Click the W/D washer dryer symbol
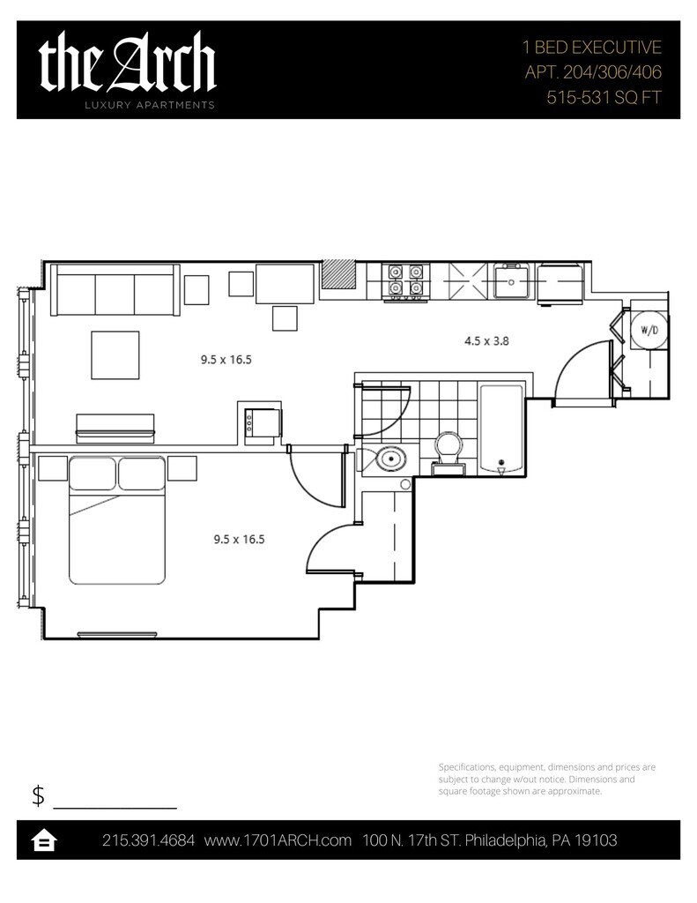[x=649, y=330]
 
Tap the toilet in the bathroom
[x=449, y=453]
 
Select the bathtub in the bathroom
[x=501, y=430]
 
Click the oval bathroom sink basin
[x=391, y=459]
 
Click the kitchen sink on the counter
[x=510, y=281]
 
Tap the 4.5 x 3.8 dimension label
[x=487, y=341]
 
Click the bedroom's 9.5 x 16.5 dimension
[x=239, y=540]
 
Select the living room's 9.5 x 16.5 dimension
[x=226, y=360]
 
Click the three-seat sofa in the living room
[x=115, y=289]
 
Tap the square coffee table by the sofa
[x=115, y=354]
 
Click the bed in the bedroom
[x=117, y=520]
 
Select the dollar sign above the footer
[x=38, y=795]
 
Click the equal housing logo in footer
[x=44, y=840]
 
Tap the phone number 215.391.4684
[x=149, y=840]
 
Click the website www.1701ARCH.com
[x=278, y=840]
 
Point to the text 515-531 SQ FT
[x=604, y=97]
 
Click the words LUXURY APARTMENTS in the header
[x=150, y=105]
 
